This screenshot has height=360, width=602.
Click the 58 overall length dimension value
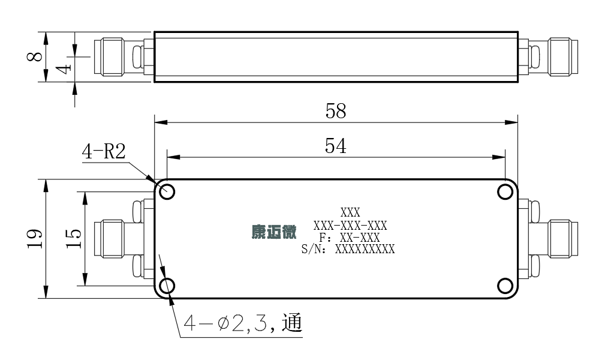pyautogui.click(x=336, y=110)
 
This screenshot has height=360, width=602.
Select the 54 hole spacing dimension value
pyautogui.click(x=336, y=146)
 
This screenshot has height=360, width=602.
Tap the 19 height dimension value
pyautogui.click(x=35, y=239)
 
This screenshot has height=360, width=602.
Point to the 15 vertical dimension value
pyautogui.click(x=73, y=238)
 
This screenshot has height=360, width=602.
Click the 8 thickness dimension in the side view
pyautogui.click(x=35, y=56)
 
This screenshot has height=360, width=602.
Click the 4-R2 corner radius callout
pyautogui.click(x=104, y=151)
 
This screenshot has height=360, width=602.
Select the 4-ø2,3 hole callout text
pyautogui.click(x=243, y=323)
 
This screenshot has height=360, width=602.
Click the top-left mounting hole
pyautogui.click(x=167, y=191)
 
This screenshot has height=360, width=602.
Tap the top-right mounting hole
pyautogui.click(x=505, y=191)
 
